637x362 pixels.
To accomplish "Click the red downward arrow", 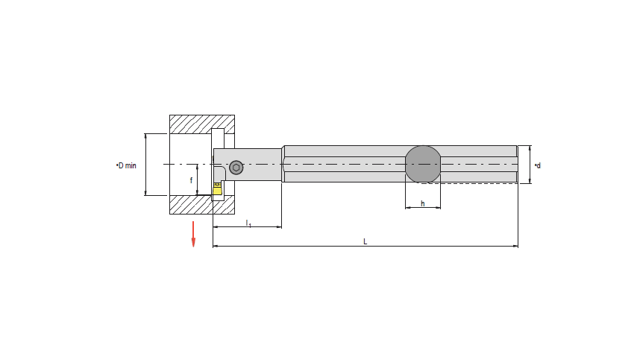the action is [x=193, y=234].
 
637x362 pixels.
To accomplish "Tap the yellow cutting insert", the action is [x=217, y=189].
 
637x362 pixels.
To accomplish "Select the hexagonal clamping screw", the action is [x=236, y=168].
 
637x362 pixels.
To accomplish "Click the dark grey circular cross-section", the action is [x=423, y=164].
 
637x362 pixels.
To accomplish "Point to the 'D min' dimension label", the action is [x=126, y=165].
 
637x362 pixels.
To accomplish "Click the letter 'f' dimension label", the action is [x=192, y=180].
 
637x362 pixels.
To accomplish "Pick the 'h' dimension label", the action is [x=423, y=203].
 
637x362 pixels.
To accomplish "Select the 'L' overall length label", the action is [x=365, y=242].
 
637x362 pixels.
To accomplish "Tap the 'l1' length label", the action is [x=248, y=223].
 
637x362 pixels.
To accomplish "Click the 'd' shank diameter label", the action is [x=538, y=165].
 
